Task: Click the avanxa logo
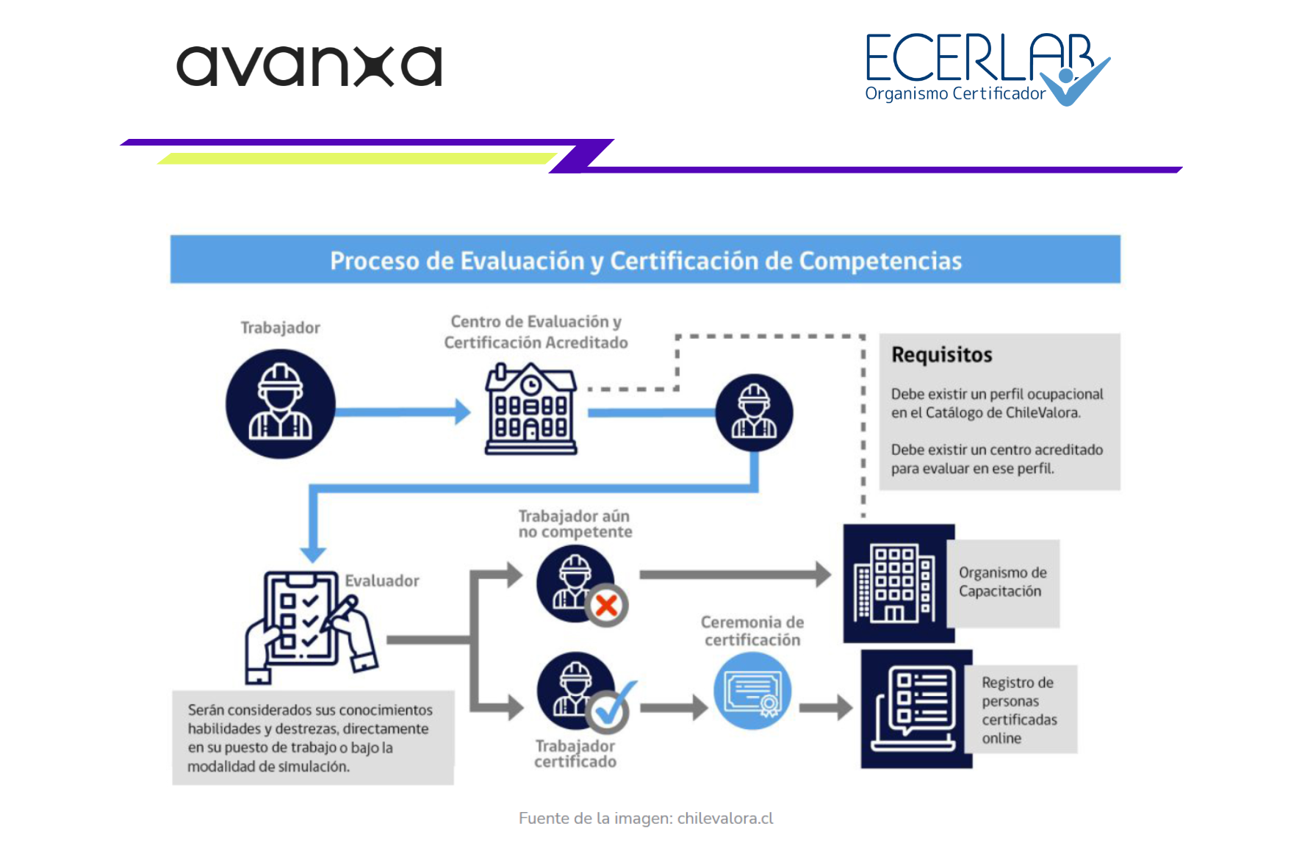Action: click(x=309, y=66)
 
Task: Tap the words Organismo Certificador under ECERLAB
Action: click(x=954, y=94)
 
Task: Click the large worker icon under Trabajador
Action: click(x=280, y=403)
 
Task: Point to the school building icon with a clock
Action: click(x=530, y=409)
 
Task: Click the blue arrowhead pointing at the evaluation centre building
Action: click(x=463, y=412)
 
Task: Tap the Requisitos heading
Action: click(x=941, y=355)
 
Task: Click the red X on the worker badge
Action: click(x=606, y=606)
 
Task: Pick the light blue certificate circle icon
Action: click(x=752, y=691)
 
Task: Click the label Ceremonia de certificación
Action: click(x=752, y=631)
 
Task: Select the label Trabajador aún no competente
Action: click(x=575, y=524)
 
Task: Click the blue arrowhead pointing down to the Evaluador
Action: click(x=313, y=554)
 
